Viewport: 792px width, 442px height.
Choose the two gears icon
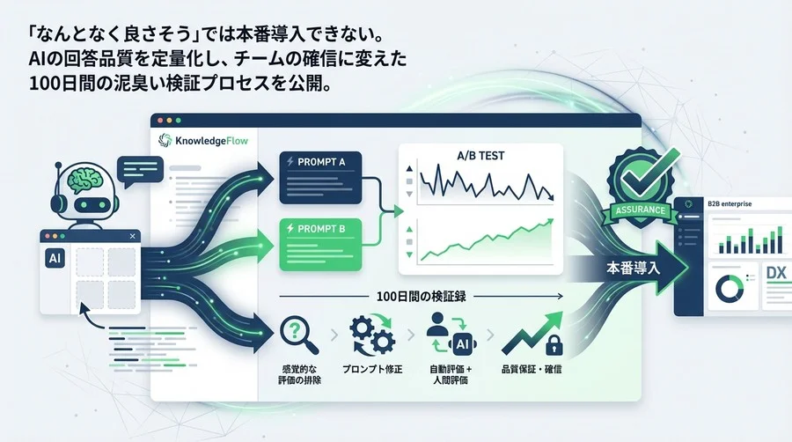tap(370, 334)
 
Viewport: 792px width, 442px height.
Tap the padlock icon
tap(558, 344)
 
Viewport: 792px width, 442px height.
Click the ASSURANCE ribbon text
tap(636, 210)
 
